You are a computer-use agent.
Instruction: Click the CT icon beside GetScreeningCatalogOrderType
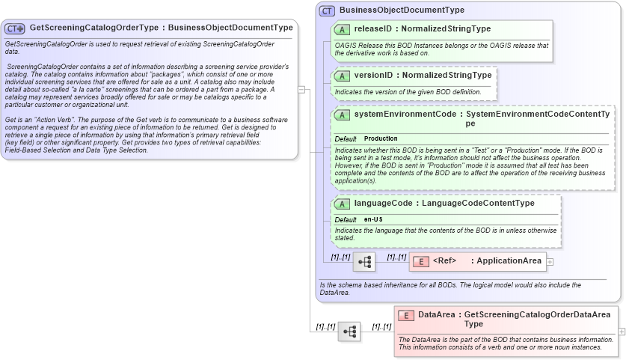[x=15, y=28]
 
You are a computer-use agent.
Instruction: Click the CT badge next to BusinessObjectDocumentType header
[x=327, y=11]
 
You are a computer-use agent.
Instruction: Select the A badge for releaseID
[x=342, y=29]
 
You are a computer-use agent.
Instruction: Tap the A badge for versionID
[x=342, y=76]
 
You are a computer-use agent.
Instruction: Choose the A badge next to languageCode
[x=342, y=204]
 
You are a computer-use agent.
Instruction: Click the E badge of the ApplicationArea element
[x=421, y=261]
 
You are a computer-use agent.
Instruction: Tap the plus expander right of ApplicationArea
[x=550, y=262]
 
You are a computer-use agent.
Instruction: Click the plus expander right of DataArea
[x=622, y=332]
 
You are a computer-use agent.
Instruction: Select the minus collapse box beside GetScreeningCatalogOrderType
[x=301, y=89]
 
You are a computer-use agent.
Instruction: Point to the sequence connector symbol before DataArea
[x=349, y=332]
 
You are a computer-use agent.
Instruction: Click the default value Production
[x=381, y=138]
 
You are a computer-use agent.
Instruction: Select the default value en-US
[x=374, y=219]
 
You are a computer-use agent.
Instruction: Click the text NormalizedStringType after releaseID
[x=446, y=29]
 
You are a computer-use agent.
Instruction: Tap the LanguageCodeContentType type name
[x=478, y=203]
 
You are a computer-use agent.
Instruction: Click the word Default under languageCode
[x=346, y=219]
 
